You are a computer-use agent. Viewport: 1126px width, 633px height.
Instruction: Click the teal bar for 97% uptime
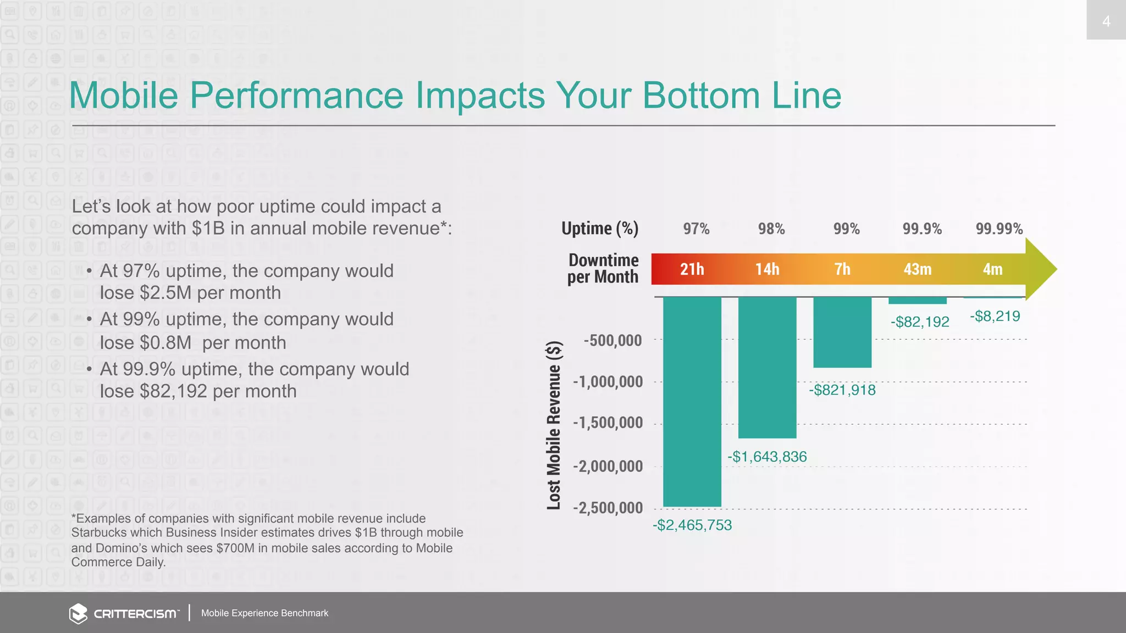(x=692, y=401)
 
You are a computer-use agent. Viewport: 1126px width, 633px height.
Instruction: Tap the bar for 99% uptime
(x=842, y=332)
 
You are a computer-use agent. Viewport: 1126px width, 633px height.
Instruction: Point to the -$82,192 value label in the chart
(x=920, y=322)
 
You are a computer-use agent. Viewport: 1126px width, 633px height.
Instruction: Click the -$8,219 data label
(x=995, y=316)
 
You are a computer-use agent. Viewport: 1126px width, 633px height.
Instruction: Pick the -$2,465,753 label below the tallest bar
(x=692, y=525)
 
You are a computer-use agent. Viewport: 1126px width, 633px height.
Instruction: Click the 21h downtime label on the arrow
(x=692, y=269)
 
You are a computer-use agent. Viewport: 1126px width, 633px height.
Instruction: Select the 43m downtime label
(x=917, y=269)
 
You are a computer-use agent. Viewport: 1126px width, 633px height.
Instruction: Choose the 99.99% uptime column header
(x=999, y=229)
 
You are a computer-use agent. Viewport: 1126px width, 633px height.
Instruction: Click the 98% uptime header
(x=771, y=229)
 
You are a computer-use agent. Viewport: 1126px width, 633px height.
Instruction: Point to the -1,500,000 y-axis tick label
(x=608, y=423)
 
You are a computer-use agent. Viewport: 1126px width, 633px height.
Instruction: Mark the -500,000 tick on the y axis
(x=612, y=340)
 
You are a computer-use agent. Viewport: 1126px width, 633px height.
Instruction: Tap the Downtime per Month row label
(x=603, y=268)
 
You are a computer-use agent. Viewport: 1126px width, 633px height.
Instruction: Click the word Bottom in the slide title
(x=701, y=96)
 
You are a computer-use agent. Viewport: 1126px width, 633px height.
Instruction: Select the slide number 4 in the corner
(x=1106, y=21)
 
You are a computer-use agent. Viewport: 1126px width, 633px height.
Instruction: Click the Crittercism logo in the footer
(x=124, y=613)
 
